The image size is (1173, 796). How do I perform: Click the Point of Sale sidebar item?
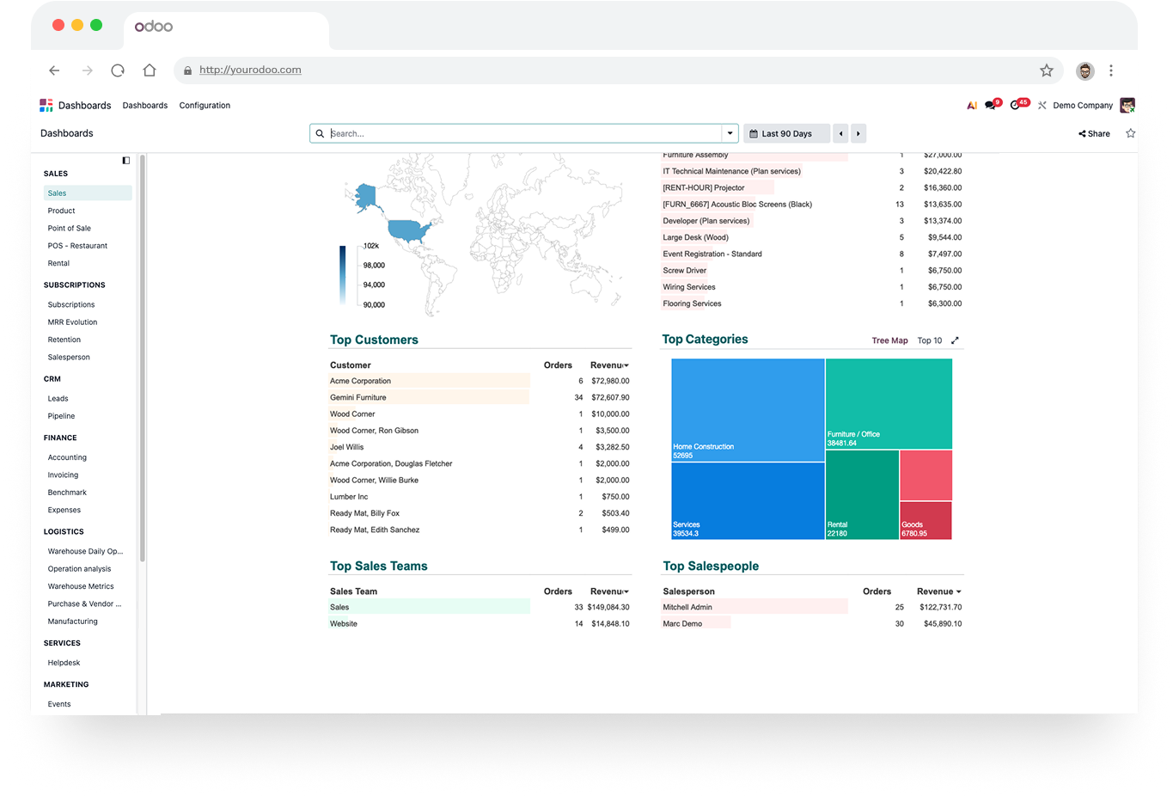click(x=69, y=229)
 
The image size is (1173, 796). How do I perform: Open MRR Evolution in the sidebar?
click(x=72, y=322)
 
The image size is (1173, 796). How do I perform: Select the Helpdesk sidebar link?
click(x=64, y=663)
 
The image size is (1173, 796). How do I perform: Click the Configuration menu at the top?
click(x=205, y=105)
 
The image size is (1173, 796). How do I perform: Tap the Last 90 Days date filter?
click(x=786, y=133)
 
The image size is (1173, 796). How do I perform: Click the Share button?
click(x=1095, y=133)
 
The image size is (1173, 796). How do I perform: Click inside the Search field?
click(x=523, y=133)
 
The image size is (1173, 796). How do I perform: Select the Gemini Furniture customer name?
click(x=358, y=397)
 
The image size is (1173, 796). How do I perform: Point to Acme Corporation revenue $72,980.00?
click(x=610, y=381)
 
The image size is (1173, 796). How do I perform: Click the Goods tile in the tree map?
click(x=926, y=521)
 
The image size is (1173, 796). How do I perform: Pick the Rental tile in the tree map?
click(x=862, y=494)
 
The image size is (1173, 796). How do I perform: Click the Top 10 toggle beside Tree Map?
click(x=930, y=340)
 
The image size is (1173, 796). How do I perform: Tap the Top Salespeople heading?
click(x=711, y=566)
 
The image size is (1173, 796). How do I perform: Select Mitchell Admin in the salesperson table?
click(x=687, y=607)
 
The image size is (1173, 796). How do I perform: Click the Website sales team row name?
click(x=344, y=624)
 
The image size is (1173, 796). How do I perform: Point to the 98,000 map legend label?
click(x=374, y=266)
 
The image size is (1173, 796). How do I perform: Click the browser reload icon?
click(x=118, y=70)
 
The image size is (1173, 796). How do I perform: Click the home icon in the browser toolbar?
click(x=150, y=70)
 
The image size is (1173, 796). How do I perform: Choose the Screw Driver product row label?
click(x=684, y=270)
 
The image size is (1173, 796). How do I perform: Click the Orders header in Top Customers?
click(x=558, y=365)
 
